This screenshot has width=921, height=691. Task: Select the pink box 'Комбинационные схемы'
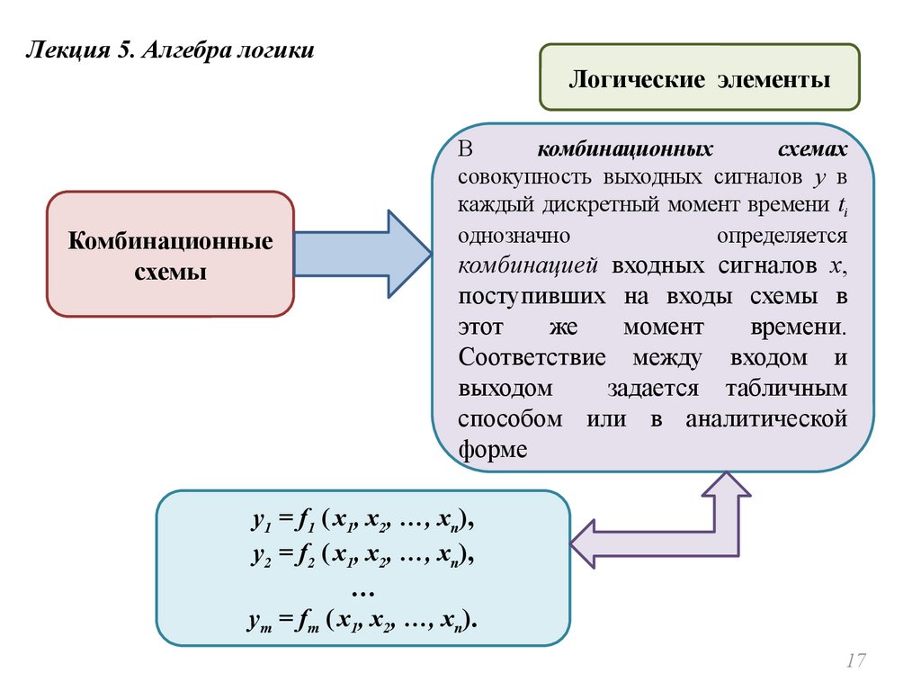[x=171, y=256]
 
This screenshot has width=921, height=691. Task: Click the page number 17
[x=854, y=661]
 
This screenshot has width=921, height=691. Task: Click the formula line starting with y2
[x=362, y=557]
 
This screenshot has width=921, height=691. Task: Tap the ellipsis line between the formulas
[x=362, y=588]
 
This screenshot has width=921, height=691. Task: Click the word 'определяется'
[x=782, y=236]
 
